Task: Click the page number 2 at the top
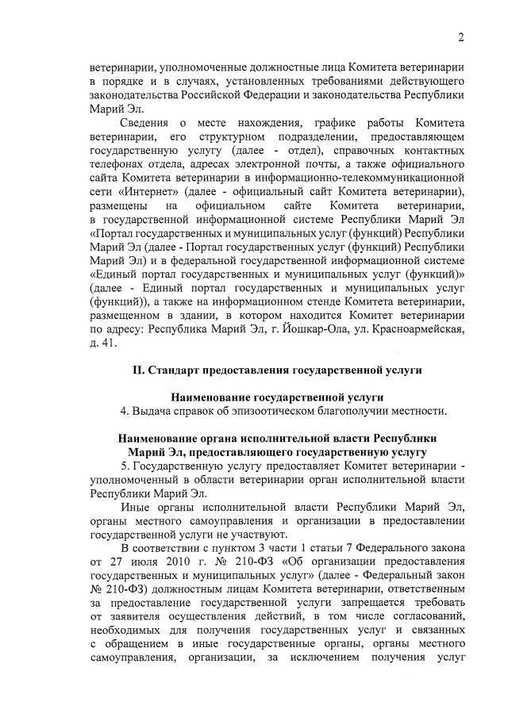pos(460,37)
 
